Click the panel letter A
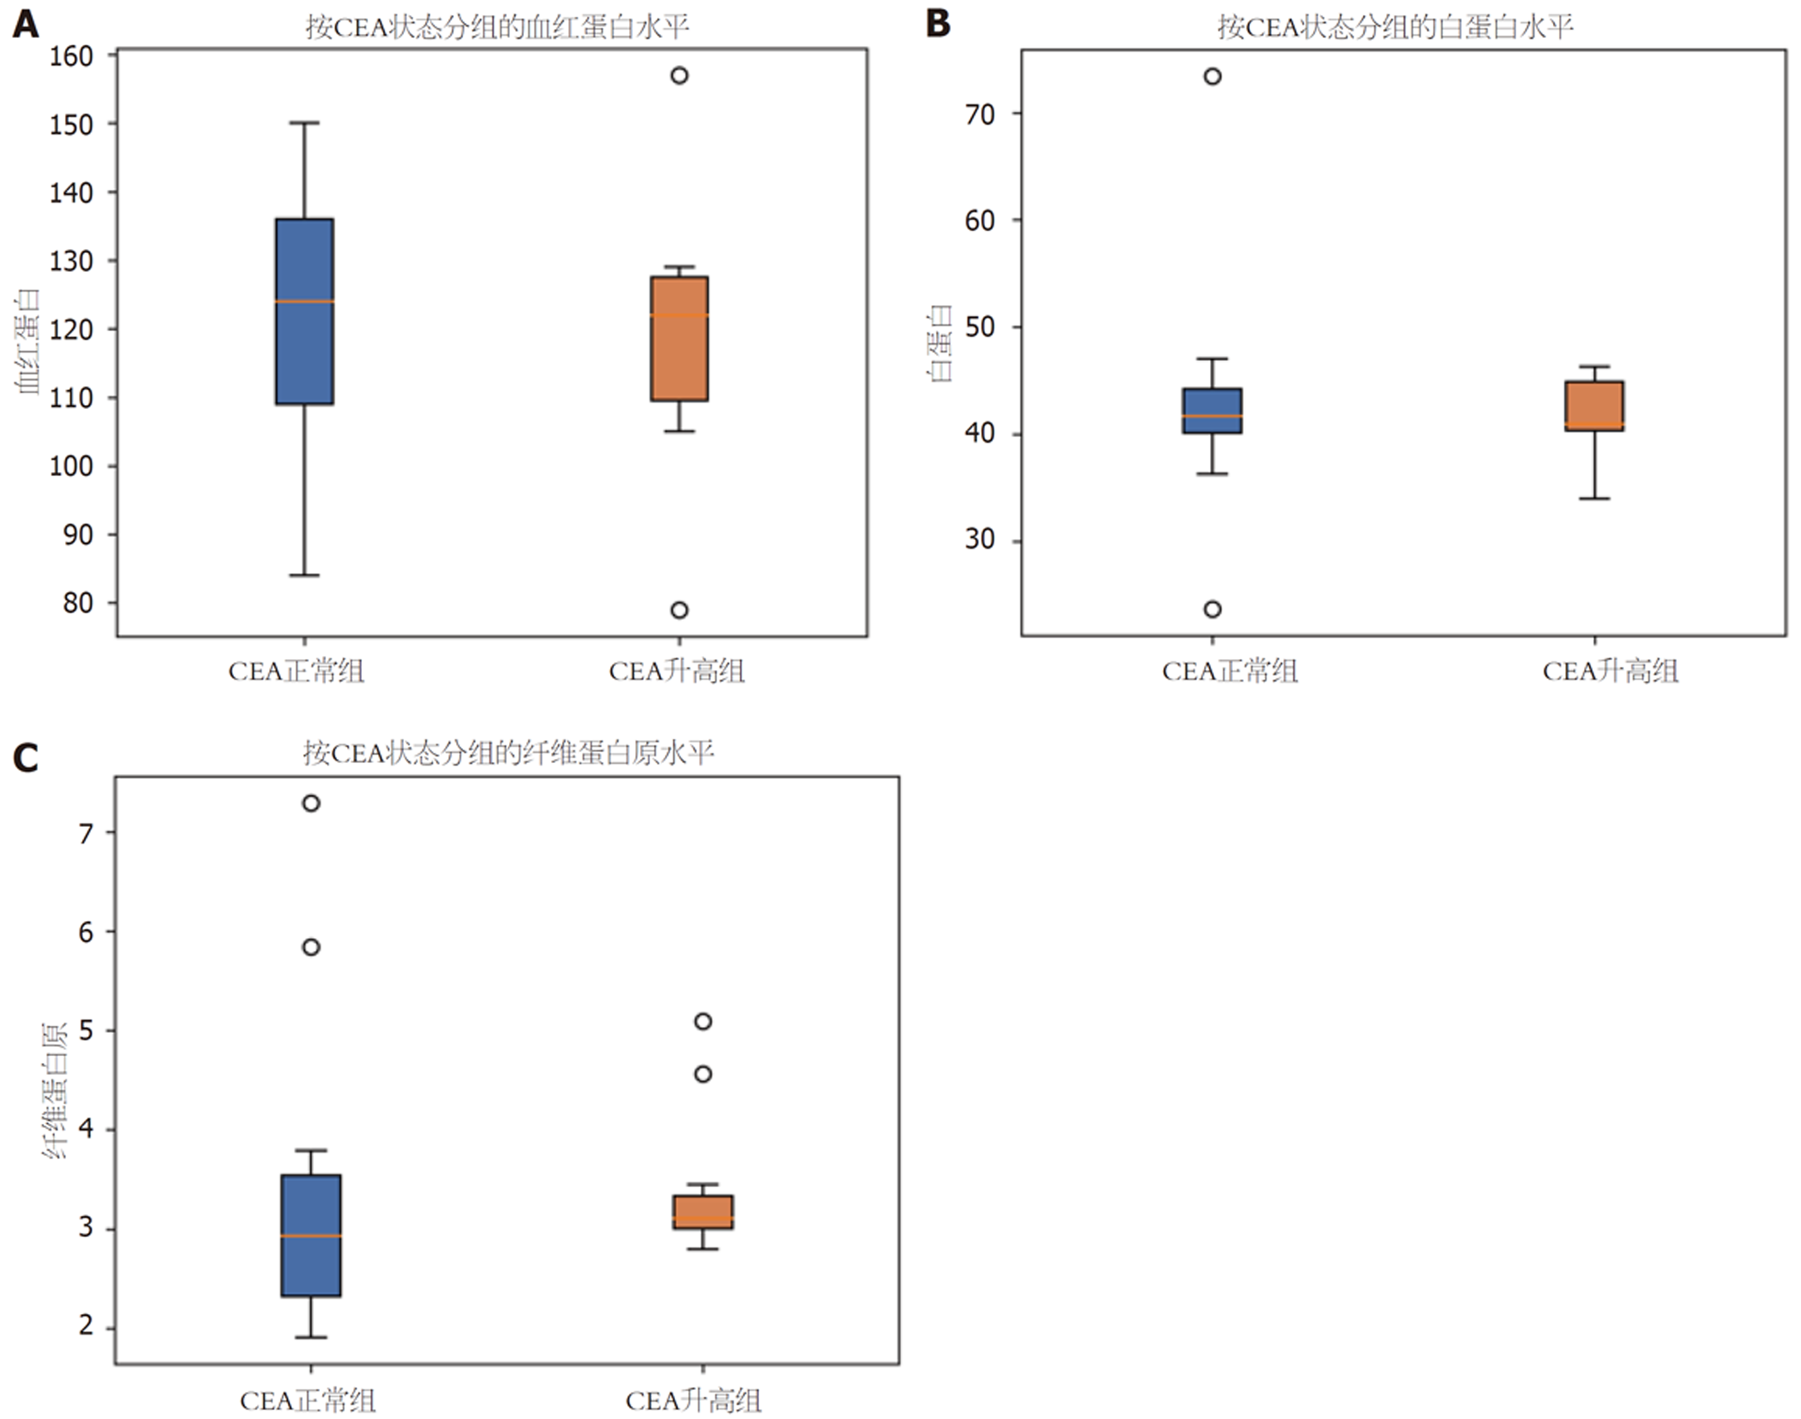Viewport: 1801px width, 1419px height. tap(26, 24)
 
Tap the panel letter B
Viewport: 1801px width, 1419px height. tap(938, 24)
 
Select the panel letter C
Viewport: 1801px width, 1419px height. tap(26, 758)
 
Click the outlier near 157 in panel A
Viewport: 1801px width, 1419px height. tap(679, 75)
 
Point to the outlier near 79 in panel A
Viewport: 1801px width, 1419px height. tap(679, 610)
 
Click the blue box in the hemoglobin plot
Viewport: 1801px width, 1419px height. tap(305, 311)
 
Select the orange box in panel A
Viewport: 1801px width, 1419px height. tap(679, 338)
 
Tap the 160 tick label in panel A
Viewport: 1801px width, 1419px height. tap(71, 56)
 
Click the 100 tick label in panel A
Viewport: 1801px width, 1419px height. tap(71, 466)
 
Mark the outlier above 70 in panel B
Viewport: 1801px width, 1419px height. tap(1212, 77)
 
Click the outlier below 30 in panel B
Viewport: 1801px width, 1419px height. tap(1212, 609)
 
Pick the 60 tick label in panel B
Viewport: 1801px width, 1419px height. tap(979, 220)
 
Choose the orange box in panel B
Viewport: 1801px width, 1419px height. tap(1594, 406)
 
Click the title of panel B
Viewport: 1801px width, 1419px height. tap(1395, 26)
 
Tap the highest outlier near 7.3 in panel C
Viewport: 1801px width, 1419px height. tap(311, 803)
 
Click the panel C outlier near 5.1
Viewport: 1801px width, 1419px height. tap(702, 1021)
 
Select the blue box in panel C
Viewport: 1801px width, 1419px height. tap(311, 1235)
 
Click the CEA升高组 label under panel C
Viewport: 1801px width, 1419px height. tap(693, 1401)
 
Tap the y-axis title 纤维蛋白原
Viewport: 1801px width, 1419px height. tap(55, 1091)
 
